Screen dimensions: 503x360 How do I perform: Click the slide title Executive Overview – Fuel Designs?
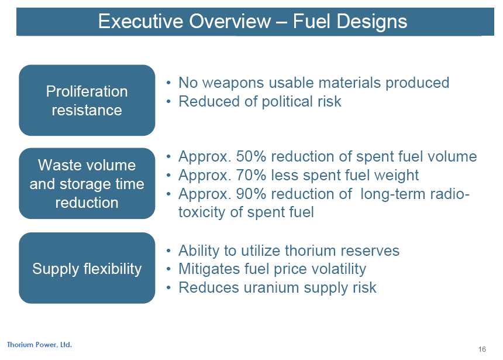tap(253, 22)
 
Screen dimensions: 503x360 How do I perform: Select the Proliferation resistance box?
tap(87, 100)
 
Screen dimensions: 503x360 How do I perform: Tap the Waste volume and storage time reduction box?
tap(87, 183)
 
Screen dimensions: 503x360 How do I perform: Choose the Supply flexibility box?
tap(87, 268)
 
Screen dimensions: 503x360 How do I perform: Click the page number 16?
tap(482, 349)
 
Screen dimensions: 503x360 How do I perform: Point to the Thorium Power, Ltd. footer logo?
tap(39, 345)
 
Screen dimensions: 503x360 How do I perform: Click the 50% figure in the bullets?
tap(251, 157)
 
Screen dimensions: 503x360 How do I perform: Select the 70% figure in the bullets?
tap(251, 176)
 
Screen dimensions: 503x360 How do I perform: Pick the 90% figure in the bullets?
tap(251, 194)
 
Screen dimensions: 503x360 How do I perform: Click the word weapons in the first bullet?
tap(233, 83)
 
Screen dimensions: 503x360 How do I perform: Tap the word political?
tap(287, 101)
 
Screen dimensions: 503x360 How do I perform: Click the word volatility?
tap(340, 269)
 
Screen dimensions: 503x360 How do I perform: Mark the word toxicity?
tap(202, 212)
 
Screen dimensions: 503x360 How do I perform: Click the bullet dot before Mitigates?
tap(168, 269)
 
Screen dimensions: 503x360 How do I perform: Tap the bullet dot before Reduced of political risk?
tap(168, 102)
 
